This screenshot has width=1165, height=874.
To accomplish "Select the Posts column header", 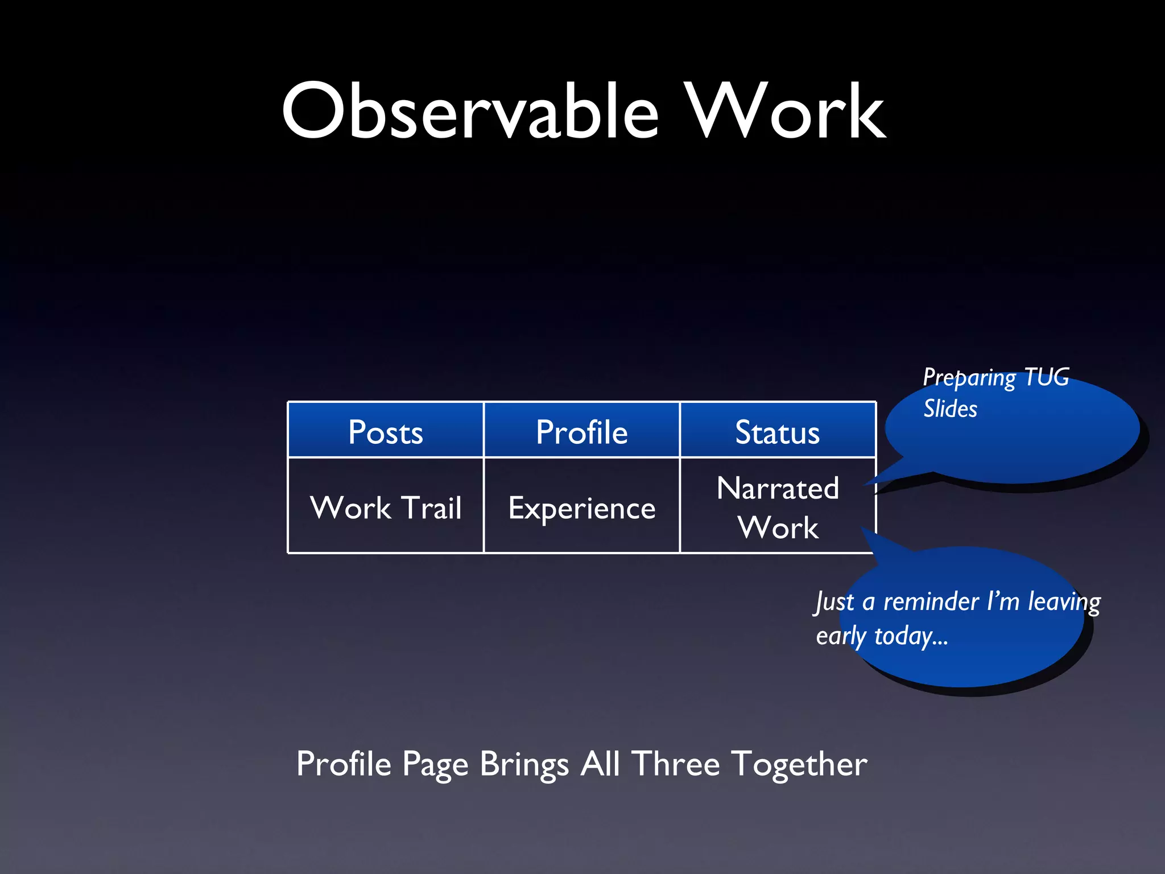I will point(386,431).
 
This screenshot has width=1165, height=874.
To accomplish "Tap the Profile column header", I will point(581,431).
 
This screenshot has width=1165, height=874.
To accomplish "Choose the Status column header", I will point(777,431).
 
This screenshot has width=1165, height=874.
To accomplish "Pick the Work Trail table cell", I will point(386,507).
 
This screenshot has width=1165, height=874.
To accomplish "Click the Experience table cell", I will point(581,508).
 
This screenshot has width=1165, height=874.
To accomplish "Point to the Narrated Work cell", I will point(777,507).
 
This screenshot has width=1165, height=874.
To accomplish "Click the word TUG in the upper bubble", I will point(1046,377).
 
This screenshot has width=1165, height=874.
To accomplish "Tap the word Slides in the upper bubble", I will point(950,409).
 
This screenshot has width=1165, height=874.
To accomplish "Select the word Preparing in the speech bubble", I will point(969,378).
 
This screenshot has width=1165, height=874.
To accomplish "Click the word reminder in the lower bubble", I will point(931,601).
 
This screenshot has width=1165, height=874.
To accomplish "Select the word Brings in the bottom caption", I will point(524,764).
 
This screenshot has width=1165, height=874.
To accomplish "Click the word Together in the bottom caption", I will point(799,764).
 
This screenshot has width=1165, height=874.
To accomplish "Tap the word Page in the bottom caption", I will point(435,764).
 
